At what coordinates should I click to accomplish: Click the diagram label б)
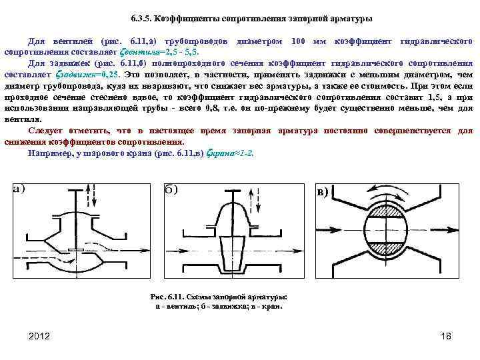[x=171, y=189]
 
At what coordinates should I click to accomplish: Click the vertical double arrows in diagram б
[x=249, y=198]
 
